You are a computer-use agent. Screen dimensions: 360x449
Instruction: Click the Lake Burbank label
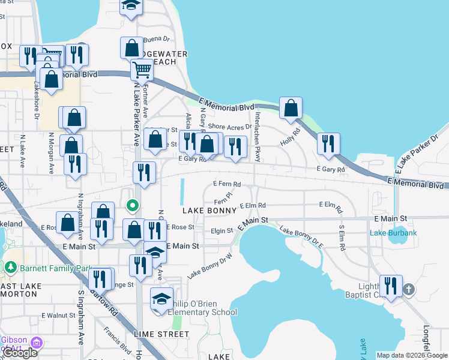[393, 233]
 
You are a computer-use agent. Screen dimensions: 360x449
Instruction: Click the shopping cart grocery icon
[142, 70]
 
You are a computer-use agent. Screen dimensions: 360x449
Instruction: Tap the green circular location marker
[133, 206]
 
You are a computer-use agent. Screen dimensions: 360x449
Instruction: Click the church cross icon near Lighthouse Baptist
[409, 289]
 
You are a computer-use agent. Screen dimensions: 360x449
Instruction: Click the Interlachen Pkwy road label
[258, 137]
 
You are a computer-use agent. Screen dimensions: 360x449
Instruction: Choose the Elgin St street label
[222, 230]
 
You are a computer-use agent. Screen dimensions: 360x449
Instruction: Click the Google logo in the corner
[20, 353]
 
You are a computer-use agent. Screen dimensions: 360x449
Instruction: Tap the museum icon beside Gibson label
[37, 343]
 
